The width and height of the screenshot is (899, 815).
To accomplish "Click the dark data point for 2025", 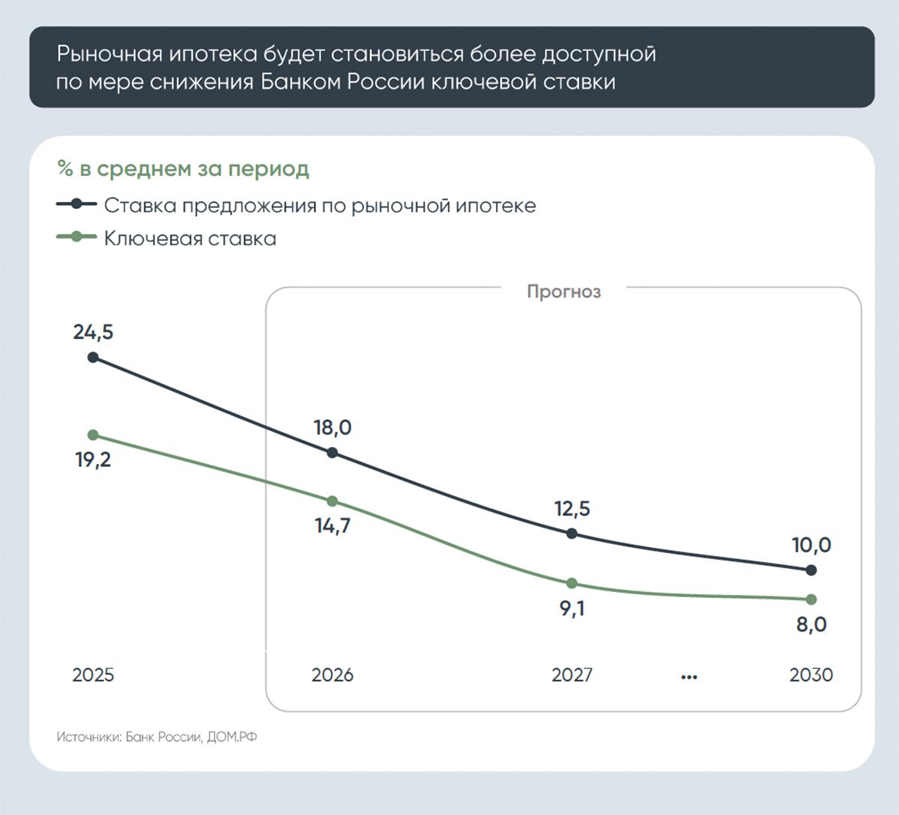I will pyautogui.click(x=93, y=357).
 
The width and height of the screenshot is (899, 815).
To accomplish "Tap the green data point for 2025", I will pyautogui.click(x=93, y=435).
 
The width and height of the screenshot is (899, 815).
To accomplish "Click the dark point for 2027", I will pyautogui.click(x=572, y=534).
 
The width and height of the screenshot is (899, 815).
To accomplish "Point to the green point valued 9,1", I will pyautogui.click(x=572, y=583).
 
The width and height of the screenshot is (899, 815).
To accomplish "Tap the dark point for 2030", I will pyautogui.click(x=811, y=570).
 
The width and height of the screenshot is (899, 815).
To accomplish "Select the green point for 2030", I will pyautogui.click(x=811, y=599).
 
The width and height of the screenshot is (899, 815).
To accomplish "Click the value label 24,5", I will pyautogui.click(x=93, y=332).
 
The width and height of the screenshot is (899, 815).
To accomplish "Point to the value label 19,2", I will pyautogui.click(x=93, y=460).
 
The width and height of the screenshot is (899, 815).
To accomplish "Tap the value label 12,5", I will pyautogui.click(x=572, y=509).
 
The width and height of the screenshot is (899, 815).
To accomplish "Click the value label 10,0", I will pyautogui.click(x=811, y=546).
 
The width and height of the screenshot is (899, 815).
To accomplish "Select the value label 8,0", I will pyautogui.click(x=811, y=624).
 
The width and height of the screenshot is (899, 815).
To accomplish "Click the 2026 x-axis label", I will pyautogui.click(x=332, y=675).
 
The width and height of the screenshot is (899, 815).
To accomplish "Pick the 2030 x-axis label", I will pyautogui.click(x=811, y=675).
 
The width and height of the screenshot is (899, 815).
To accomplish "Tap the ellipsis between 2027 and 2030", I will pyautogui.click(x=689, y=677).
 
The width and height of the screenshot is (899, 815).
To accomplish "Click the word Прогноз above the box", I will pyautogui.click(x=563, y=291).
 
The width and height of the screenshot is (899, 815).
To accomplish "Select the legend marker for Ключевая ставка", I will pyautogui.click(x=76, y=237).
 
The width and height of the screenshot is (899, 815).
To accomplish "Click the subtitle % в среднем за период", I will pyautogui.click(x=183, y=169).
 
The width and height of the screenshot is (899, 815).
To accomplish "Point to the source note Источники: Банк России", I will pyautogui.click(x=157, y=737).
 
